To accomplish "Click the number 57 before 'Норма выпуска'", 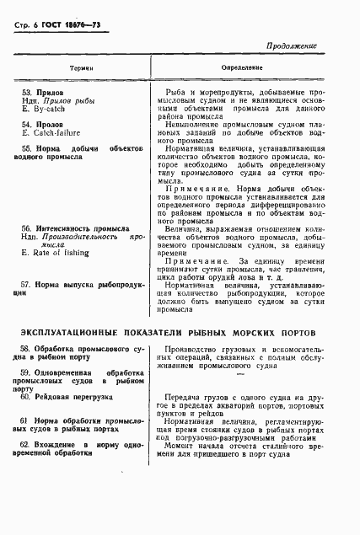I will coord(27,284).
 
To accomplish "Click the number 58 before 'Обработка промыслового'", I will coord(27,350).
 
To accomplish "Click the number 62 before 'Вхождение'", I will coord(27,443).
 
